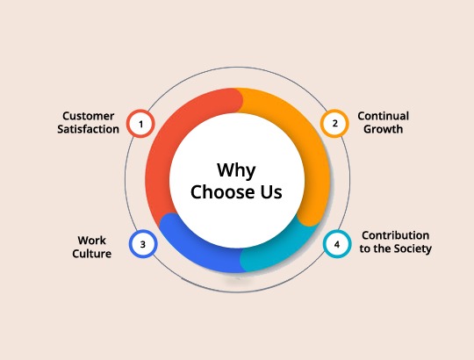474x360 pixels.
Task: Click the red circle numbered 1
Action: click(x=140, y=124)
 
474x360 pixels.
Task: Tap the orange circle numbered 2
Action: click(x=334, y=123)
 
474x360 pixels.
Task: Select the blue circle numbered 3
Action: click(x=143, y=244)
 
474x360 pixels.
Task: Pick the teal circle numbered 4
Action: click(x=337, y=244)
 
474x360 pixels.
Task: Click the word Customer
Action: click(x=89, y=116)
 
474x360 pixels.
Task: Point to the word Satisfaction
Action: click(x=89, y=129)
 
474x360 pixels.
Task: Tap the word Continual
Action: click(x=384, y=116)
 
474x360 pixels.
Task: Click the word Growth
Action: click(x=384, y=129)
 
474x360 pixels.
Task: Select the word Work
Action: click(x=91, y=241)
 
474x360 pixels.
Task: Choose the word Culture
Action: click(x=91, y=254)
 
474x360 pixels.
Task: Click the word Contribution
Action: click(x=395, y=235)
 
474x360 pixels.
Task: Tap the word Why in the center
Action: click(x=236, y=170)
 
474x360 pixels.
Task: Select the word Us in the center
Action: click(x=271, y=192)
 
